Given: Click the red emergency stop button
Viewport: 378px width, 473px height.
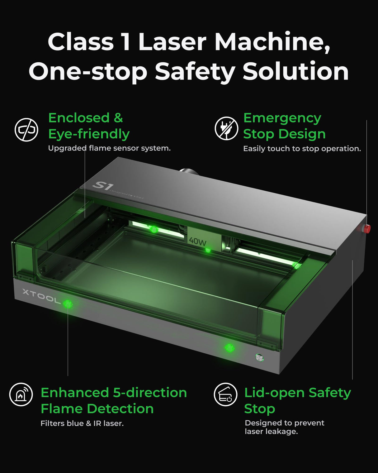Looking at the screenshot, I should [367, 228].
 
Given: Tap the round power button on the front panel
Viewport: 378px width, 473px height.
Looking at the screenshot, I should [259, 357].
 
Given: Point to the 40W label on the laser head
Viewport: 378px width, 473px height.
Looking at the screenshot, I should [198, 241].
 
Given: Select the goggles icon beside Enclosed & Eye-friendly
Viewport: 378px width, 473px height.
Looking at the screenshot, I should [26, 130].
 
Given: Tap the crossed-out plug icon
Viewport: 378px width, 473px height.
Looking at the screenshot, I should [226, 128].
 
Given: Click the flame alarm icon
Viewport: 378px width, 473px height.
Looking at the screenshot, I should [21, 394].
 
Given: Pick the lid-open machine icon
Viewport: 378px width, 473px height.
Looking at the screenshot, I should [225, 394].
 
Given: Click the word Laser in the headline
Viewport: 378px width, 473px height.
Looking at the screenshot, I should [172, 42].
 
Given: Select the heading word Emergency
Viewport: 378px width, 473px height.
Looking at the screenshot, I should [282, 118].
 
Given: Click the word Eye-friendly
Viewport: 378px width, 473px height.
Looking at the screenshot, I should [89, 134].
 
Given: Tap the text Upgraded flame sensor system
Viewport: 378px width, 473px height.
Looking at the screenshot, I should [109, 148].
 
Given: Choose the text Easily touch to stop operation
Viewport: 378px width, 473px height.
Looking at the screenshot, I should [302, 149].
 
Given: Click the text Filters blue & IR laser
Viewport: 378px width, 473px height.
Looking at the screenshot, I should [82, 423].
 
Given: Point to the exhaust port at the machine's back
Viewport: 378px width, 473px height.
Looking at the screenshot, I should [187, 171].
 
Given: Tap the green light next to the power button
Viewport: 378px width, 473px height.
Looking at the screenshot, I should [229, 348].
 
